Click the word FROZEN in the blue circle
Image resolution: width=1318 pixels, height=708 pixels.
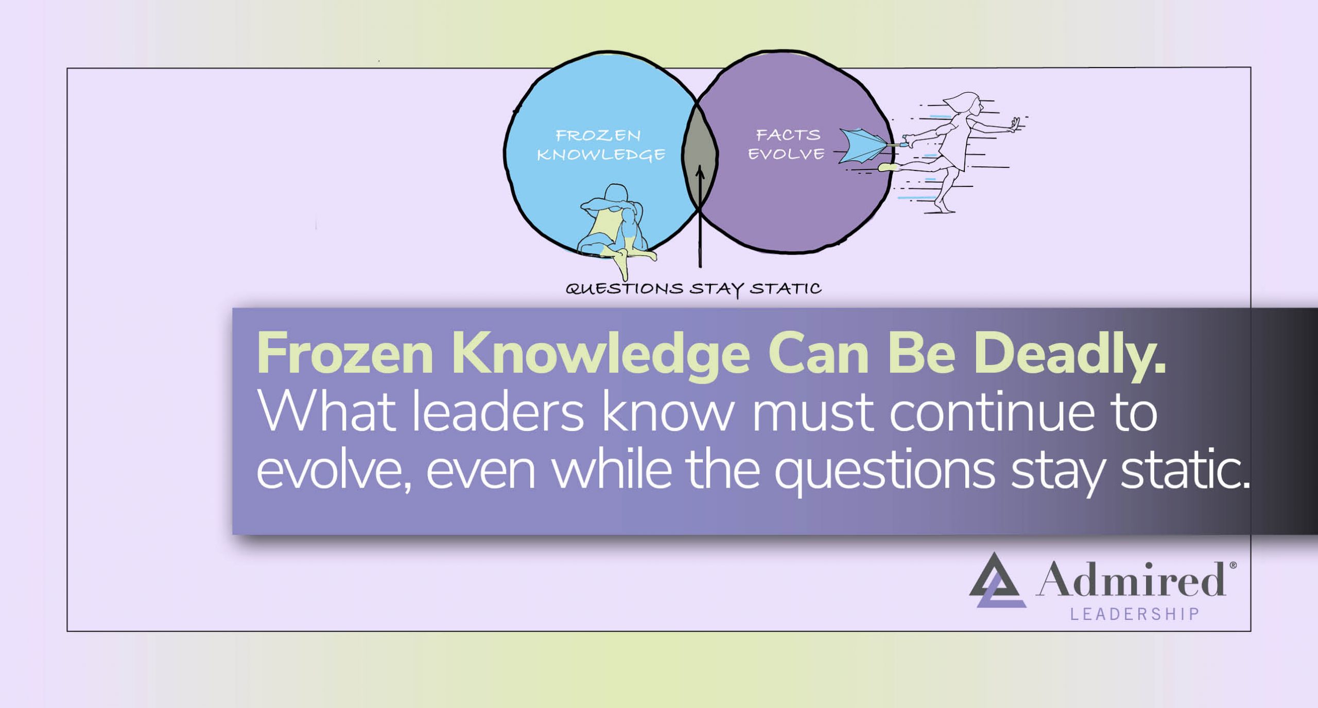tap(598, 135)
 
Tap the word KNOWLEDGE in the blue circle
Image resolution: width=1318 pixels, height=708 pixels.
tap(601, 154)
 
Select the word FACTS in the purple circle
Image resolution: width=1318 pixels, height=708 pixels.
tap(788, 135)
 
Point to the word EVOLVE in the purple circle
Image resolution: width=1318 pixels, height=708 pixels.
tap(786, 154)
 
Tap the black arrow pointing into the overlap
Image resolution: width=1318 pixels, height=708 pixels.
tap(700, 216)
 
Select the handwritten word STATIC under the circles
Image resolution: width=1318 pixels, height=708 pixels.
tap(785, 288)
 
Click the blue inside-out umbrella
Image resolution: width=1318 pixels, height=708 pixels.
tap(862, 146)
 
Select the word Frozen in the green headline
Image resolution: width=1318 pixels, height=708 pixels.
tap(345, 354)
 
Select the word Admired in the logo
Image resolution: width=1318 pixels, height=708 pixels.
tap(1130, 579)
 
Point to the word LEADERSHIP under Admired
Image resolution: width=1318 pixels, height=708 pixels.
tap(1135, 614)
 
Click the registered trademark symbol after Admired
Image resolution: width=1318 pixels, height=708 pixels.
tap(1233, 565)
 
